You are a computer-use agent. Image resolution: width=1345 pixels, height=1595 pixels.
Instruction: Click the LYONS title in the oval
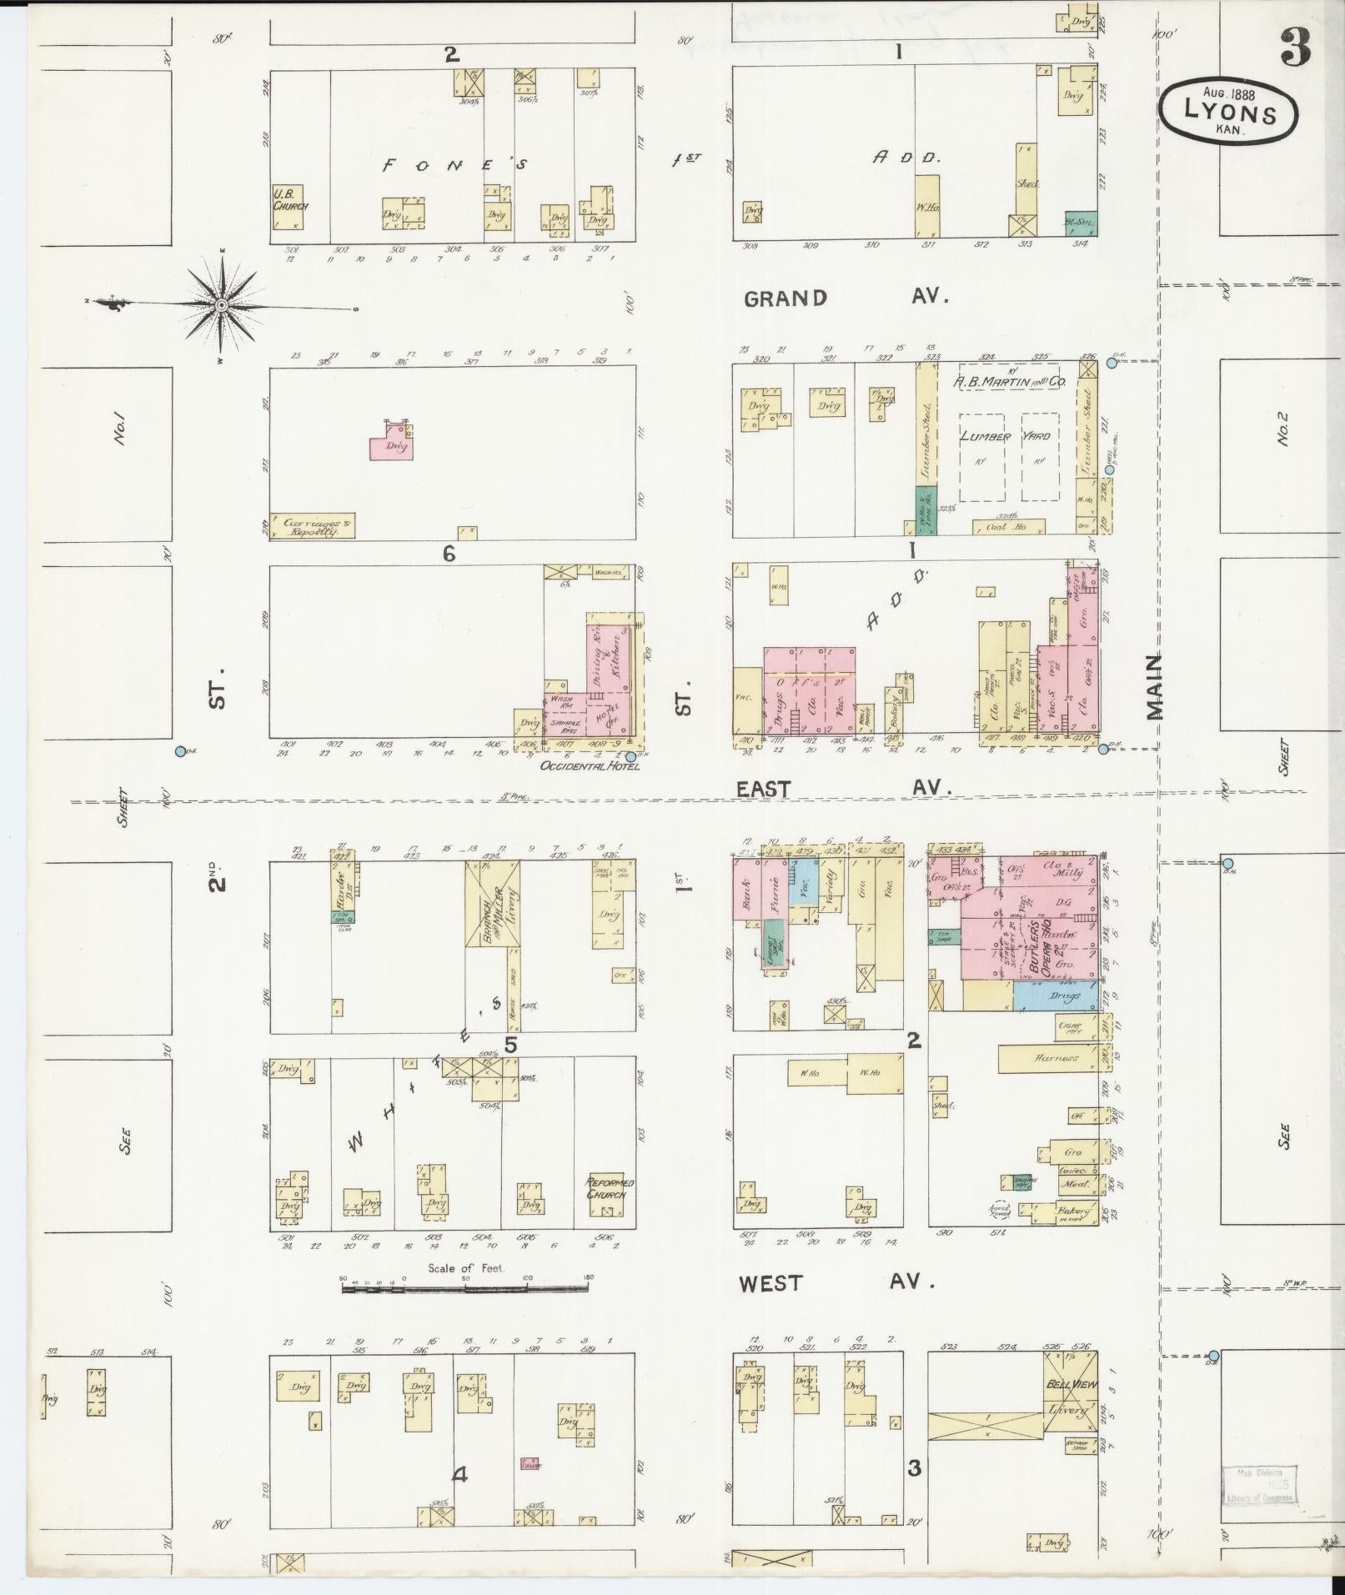(1230, 113)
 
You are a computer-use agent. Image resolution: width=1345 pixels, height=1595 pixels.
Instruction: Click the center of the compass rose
(222, 306)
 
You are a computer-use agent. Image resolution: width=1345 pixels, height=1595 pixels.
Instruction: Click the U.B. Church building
(289, 207)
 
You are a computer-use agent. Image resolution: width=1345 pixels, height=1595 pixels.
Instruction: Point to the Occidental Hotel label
(590, 765)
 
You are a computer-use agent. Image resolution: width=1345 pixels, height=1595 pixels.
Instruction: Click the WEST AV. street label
(836, 1282)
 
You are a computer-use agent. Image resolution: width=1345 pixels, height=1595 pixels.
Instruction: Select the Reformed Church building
(610, 1188)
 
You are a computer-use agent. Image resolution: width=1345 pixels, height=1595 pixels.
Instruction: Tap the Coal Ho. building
(1008, 526)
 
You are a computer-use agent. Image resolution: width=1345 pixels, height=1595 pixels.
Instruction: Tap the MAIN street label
(1154, 686)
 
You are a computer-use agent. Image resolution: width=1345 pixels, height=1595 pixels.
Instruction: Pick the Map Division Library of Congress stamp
(1261, 1484)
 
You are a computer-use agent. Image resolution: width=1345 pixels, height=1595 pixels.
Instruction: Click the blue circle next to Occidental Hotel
(630, 757)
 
